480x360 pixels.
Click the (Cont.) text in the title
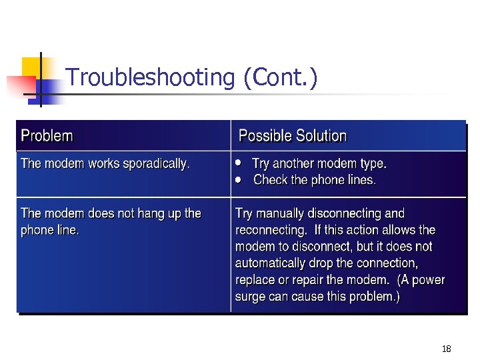pyautogui.click(x=280, y=78)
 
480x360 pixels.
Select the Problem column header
pyautogui.click(x=47, y=136)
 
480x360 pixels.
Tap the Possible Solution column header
pyautogui.click(x=293, y=136)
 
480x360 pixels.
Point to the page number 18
pyautogui.click(x=447, y=349)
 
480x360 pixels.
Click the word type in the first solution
pyautogui.click(x=372, y=163)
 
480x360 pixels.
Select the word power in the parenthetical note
pyautogui.click(x=429, y=280)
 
